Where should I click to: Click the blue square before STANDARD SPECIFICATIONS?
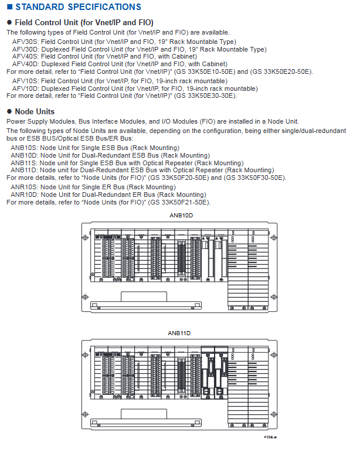(9, 7)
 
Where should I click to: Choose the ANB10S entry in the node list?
(23, 148)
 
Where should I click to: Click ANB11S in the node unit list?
(23, 163)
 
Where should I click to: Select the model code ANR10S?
(23, 187)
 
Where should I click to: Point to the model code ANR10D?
(23, 195)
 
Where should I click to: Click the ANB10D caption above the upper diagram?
(180, 216)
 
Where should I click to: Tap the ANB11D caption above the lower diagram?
(179, 333)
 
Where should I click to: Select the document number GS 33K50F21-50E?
(179, 203)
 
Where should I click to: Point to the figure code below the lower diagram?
(270, 437)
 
